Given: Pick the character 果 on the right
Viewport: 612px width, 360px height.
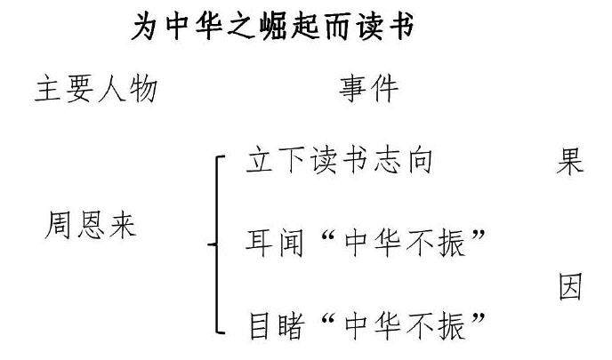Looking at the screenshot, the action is (569, 162).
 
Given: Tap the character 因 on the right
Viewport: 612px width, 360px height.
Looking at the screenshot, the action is (569, 287).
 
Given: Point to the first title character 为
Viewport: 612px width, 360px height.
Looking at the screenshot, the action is (145, 28).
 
